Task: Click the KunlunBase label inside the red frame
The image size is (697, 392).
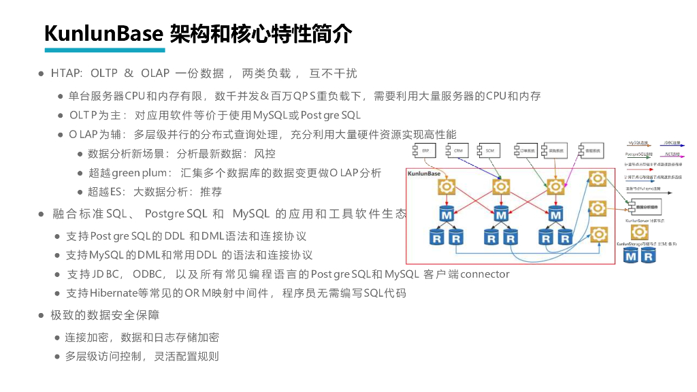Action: (x=424, y=174)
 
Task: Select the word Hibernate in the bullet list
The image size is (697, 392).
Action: (x=112, y=293)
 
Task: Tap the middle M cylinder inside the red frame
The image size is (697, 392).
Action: (x=502, y=215)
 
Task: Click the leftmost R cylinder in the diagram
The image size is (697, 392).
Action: (x=436, y=238)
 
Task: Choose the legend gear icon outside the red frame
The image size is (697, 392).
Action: (x=638, y=231)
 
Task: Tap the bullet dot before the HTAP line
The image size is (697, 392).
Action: (x=41, y=73)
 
